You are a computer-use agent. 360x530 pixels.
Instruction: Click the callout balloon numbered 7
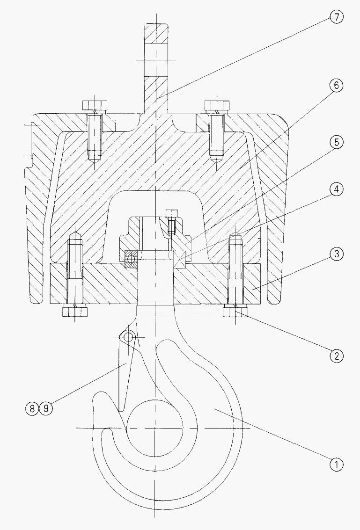tap(336, 17)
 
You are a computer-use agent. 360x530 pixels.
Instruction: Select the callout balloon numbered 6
tap(336, 86)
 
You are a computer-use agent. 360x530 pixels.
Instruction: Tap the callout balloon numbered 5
tap(336, 142)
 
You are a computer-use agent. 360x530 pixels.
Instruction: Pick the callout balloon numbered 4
tap(336, 189)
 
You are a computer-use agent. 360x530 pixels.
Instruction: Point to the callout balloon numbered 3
tap(336, 254)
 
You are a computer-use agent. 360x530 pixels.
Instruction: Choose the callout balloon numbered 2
tap(336, 356)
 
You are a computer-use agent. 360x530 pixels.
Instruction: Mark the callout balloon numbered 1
tap(336, 465)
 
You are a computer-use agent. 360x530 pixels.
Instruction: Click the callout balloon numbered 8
tap(32, 408)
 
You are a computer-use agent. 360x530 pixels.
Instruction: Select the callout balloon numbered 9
tap(46, 408)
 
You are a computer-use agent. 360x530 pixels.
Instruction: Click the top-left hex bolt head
tap(95, 105)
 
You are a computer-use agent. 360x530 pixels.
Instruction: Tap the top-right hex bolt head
tap(217, 105)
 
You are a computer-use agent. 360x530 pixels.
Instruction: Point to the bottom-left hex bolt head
tap(75, 311)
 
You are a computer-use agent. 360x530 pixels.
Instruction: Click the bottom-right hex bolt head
tap(235, 311)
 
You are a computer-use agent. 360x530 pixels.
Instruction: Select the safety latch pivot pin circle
tap(129, 336)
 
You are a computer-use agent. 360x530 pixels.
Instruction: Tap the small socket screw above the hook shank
tap(171, 221)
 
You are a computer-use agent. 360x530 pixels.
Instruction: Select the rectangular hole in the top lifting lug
tap(156, 60)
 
